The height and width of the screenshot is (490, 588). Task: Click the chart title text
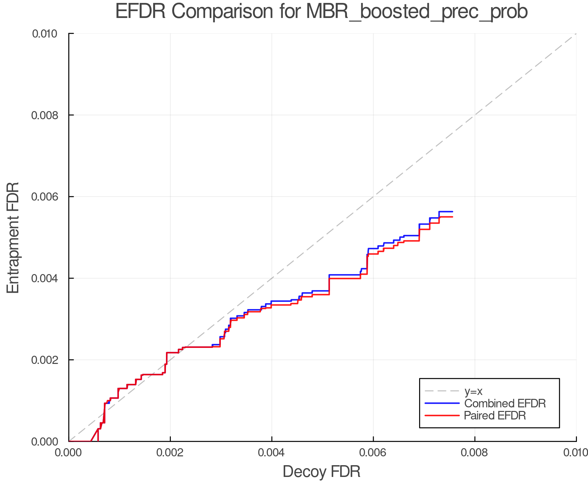click(x=321, y=12)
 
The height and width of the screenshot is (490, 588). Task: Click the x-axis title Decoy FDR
click(x=321, y=471)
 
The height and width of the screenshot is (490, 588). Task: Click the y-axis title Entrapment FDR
click(x=13, y=237)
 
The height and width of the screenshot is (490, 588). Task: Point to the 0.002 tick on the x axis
click(x=170, y=452)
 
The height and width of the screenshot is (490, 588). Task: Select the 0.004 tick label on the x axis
click(x=272, y=452)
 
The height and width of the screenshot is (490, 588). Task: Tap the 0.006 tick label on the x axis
click(x=373, y=452)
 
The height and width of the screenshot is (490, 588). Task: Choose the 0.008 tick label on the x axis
click(x=475, y=452)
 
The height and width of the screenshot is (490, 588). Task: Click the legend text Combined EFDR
click(x=505, y=403)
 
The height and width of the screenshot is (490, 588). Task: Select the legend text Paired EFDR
click(x=495, y=416)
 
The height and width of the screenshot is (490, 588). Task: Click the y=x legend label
click(x=473, y=391)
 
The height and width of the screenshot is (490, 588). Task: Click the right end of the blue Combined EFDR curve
click(x=452, y=212)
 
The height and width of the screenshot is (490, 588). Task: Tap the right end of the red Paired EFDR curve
click(x=452, y=217)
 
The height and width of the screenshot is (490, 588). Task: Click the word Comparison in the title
click(x=222, y=12)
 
